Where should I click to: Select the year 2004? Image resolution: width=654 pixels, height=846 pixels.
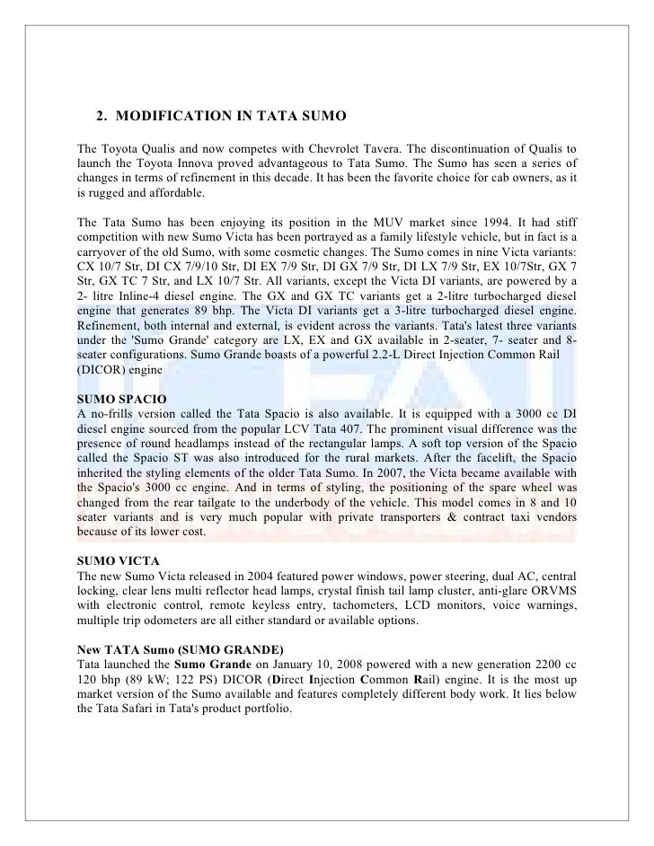click(269, 574)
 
